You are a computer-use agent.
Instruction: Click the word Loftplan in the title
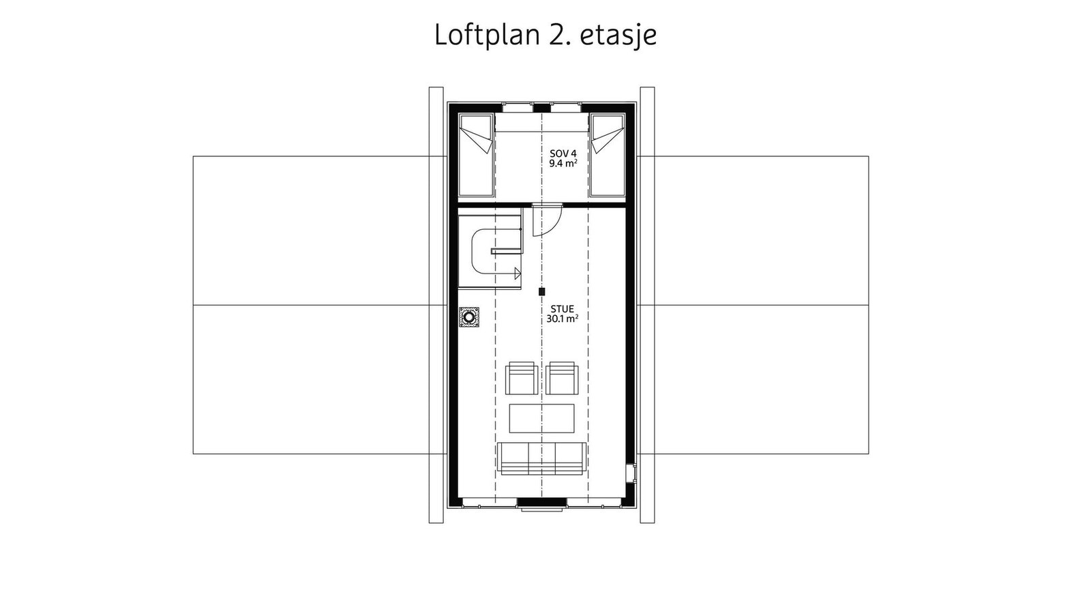coord(488,35)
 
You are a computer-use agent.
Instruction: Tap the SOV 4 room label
coord(563,153)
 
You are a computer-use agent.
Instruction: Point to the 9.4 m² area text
coord(563,163)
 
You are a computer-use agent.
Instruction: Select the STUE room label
coord(563,309)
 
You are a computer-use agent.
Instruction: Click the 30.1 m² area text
coord(563,319)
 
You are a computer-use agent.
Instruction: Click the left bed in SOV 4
coord(476,155)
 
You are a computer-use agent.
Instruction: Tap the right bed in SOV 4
coord(607,155)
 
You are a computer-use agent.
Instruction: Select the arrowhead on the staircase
coord(518,274)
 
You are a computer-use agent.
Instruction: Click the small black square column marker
coord(541,291)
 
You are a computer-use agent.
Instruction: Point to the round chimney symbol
coord(469,317)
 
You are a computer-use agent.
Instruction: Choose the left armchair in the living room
coord(522,378)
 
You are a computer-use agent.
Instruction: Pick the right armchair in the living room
coord(562,378)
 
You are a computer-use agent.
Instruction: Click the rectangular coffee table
coord(541,418)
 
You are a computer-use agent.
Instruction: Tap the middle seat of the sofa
coord(541,458)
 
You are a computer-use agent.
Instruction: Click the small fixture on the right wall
coord(631,473)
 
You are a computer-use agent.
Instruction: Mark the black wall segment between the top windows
coord(541,108)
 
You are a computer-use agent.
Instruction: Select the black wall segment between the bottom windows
coord(542,502)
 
